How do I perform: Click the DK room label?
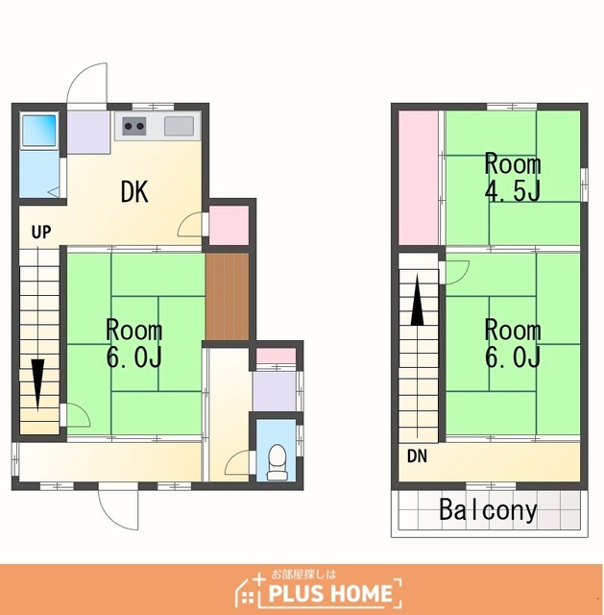[x=134, y=192]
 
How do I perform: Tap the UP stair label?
[x=41, y=233]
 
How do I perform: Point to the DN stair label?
[x=417, y=456]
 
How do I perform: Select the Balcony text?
[x=488, y=510]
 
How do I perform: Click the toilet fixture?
[x=278, y=462]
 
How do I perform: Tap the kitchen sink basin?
[x=179, y=126]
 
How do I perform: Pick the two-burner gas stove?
[x=134, y=126]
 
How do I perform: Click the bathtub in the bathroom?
[x=38, y=131]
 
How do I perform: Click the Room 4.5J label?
[x=513, y=177]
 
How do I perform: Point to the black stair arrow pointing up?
[x=417, y=300]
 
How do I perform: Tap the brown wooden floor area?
[x=228, y=297]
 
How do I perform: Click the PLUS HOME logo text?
[x=330, y=593]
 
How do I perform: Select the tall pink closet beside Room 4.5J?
[x=419, y=178]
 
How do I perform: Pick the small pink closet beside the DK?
[x=229, y=226]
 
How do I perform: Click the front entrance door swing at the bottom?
[x=118, y=508]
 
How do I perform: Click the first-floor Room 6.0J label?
[x=134, y=344]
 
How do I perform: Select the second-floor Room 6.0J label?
[x=513, y=344]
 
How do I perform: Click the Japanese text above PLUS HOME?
[x=303, y=575]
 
